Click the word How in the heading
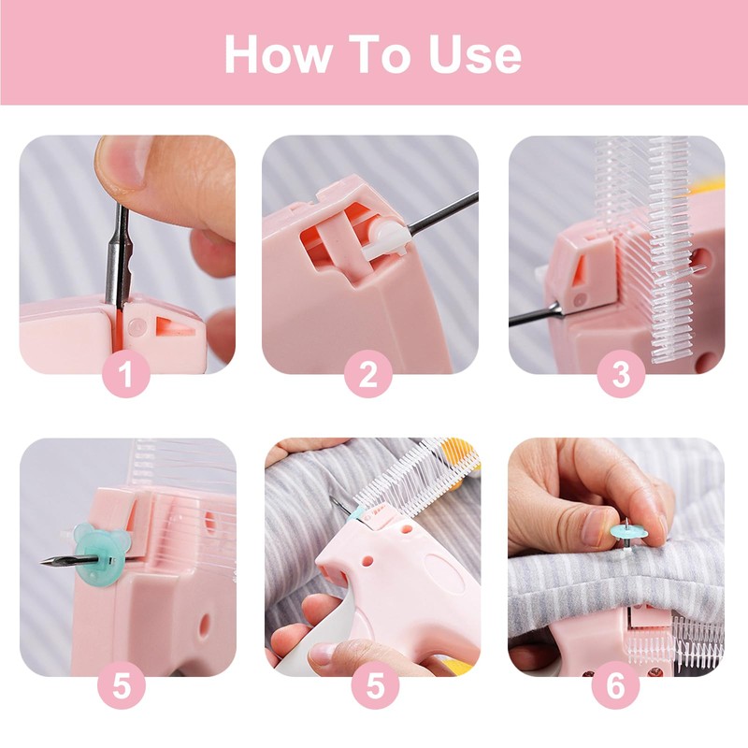(278, 54)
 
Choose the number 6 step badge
(615, 685)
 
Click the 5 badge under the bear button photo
(122, 685)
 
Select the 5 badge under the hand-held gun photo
(376, 685)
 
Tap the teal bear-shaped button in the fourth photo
(98, 554)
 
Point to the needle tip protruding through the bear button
(42, 563)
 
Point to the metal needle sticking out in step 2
(442, 213)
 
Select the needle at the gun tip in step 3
(535, 316)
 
